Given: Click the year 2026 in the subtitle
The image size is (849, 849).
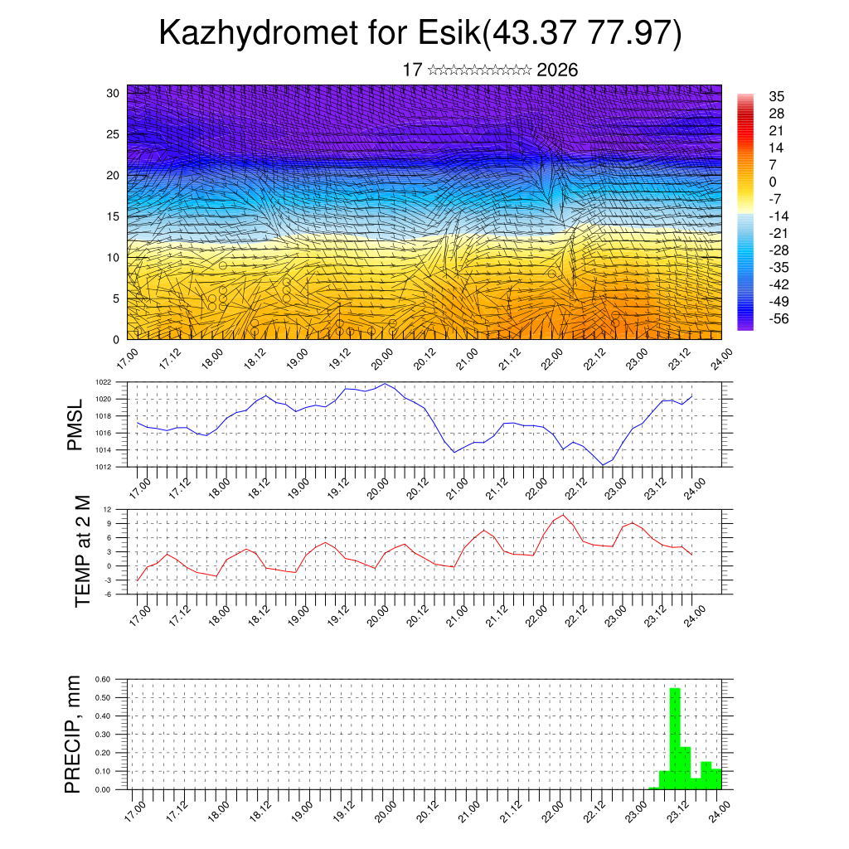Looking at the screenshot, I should point(557,70).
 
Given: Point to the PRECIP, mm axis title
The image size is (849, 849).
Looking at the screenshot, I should point(74,734).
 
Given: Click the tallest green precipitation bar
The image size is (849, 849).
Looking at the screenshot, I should point(675,738).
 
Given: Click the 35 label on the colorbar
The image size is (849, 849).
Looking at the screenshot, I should point(777,96).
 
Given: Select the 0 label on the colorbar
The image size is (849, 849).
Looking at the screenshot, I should point(773,182).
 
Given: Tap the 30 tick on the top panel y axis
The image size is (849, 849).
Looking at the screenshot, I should point(113,93).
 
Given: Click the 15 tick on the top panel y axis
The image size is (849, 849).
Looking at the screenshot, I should point(113,216).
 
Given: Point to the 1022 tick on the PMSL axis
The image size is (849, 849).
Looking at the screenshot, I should point(102,382).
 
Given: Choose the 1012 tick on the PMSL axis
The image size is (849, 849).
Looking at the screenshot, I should point(102,467).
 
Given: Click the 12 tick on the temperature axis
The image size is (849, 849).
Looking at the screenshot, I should point(107,509).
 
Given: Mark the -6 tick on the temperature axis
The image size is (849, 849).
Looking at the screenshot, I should point(107,594).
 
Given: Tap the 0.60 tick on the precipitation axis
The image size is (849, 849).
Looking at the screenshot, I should point(102,678).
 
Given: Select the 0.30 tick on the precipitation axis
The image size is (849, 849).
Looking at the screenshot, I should point(102,734).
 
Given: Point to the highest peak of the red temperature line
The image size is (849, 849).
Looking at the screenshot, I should point(564,515).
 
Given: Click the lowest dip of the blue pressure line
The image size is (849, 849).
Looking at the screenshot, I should point(603,465).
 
